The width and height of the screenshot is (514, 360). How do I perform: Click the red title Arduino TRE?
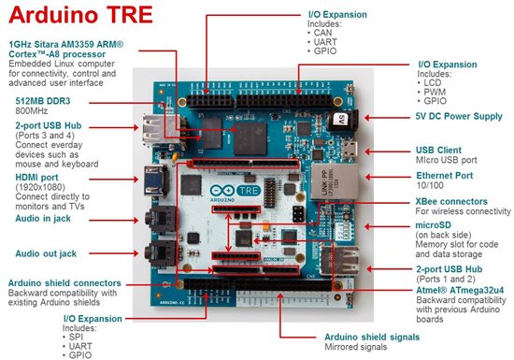[80, 14]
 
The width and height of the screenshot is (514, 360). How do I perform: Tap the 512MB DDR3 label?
[43, 101]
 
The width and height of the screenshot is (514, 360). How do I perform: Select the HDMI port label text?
[36, 178]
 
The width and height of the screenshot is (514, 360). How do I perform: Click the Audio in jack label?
[43, 219]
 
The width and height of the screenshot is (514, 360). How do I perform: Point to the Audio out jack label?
[46, 253]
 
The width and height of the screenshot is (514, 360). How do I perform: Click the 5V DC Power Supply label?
[459, 116]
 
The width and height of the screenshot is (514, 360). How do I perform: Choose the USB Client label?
[438, 151]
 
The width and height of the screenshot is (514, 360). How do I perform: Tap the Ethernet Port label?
[445, 176]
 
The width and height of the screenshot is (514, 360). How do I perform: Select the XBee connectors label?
[451, 201]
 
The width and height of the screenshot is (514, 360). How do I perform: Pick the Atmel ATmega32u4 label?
[460, 290]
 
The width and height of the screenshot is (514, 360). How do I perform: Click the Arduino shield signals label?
[372, 337]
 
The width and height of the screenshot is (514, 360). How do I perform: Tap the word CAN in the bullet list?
[323, 33]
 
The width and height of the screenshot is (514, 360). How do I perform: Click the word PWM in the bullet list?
[435, 92]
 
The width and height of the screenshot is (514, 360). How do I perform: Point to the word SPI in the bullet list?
[76, 337]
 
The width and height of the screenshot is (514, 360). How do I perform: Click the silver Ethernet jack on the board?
[335, 181]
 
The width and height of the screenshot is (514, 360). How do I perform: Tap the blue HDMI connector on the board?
[156, 180]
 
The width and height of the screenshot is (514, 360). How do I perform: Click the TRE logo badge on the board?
[249, 191]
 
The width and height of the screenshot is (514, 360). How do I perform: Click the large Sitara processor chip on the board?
[250, 138]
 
